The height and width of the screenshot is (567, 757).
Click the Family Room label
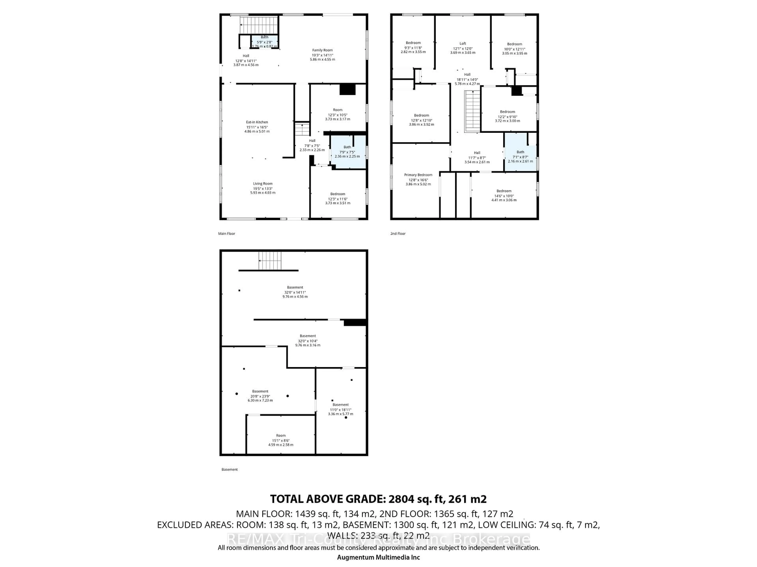click(x=322, y=50)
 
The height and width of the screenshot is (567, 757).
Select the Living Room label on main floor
click(x=263, y=183)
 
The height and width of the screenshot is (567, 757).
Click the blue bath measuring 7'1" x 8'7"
click(x=520, y=157)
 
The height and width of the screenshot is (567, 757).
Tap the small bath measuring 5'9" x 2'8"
click(x=265, y=42)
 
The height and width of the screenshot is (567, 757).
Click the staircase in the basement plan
click(x=270, y=261)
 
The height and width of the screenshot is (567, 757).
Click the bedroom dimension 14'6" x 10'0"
click(x=504, y=196)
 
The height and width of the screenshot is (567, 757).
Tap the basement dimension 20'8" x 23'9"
click(x=260, y=396)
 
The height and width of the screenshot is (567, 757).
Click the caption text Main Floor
click(x=227, y=234)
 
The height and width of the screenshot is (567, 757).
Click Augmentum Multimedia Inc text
click(x=378, y=557)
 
